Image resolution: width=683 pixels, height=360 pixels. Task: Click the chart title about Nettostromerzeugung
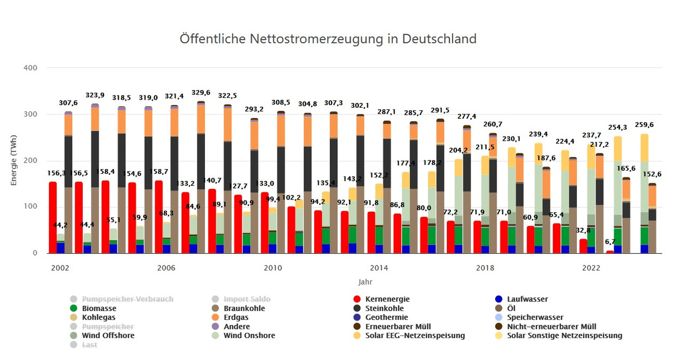tap(328, 39)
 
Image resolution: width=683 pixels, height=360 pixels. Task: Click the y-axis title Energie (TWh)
tap(14, 160)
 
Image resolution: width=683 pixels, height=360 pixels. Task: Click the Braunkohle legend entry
tap(244, 308)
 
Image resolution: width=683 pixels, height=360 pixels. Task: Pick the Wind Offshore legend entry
tap(108, 335)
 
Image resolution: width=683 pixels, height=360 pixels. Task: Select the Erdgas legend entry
tap(235, 317)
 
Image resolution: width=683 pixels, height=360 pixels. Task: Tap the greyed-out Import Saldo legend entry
tap(247, 299)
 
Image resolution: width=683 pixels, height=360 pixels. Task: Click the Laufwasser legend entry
tap(527, 299)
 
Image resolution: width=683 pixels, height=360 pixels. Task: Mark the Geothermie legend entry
tap(387, 317)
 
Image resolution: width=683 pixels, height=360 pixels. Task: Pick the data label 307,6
tap(68, 103)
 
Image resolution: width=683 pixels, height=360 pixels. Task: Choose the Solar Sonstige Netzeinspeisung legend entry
tap(565, 335)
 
